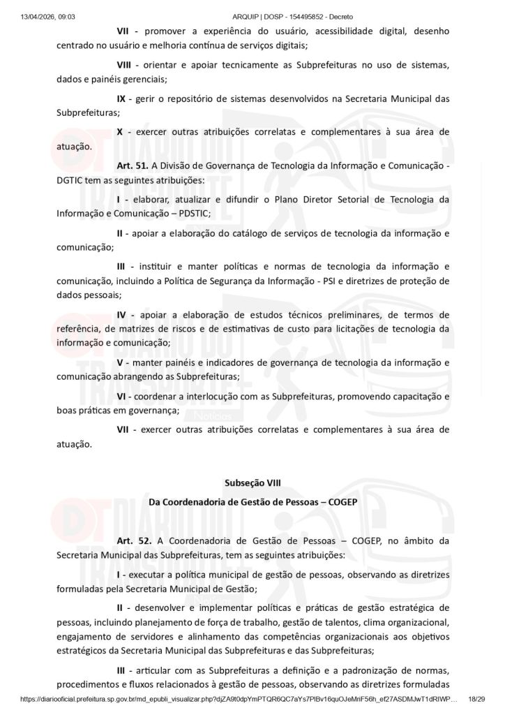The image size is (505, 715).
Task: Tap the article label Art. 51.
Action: click(131, 166)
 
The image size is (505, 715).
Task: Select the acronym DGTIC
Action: click(71, 180)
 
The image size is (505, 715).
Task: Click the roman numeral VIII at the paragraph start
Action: click(125, 65)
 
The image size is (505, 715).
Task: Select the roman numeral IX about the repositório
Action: click(121, 98)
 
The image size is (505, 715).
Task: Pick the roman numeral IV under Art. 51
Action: click(121, 314)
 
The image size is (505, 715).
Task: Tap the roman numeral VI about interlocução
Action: click(121, 396)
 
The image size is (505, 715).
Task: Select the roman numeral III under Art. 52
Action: click(121, 669)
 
